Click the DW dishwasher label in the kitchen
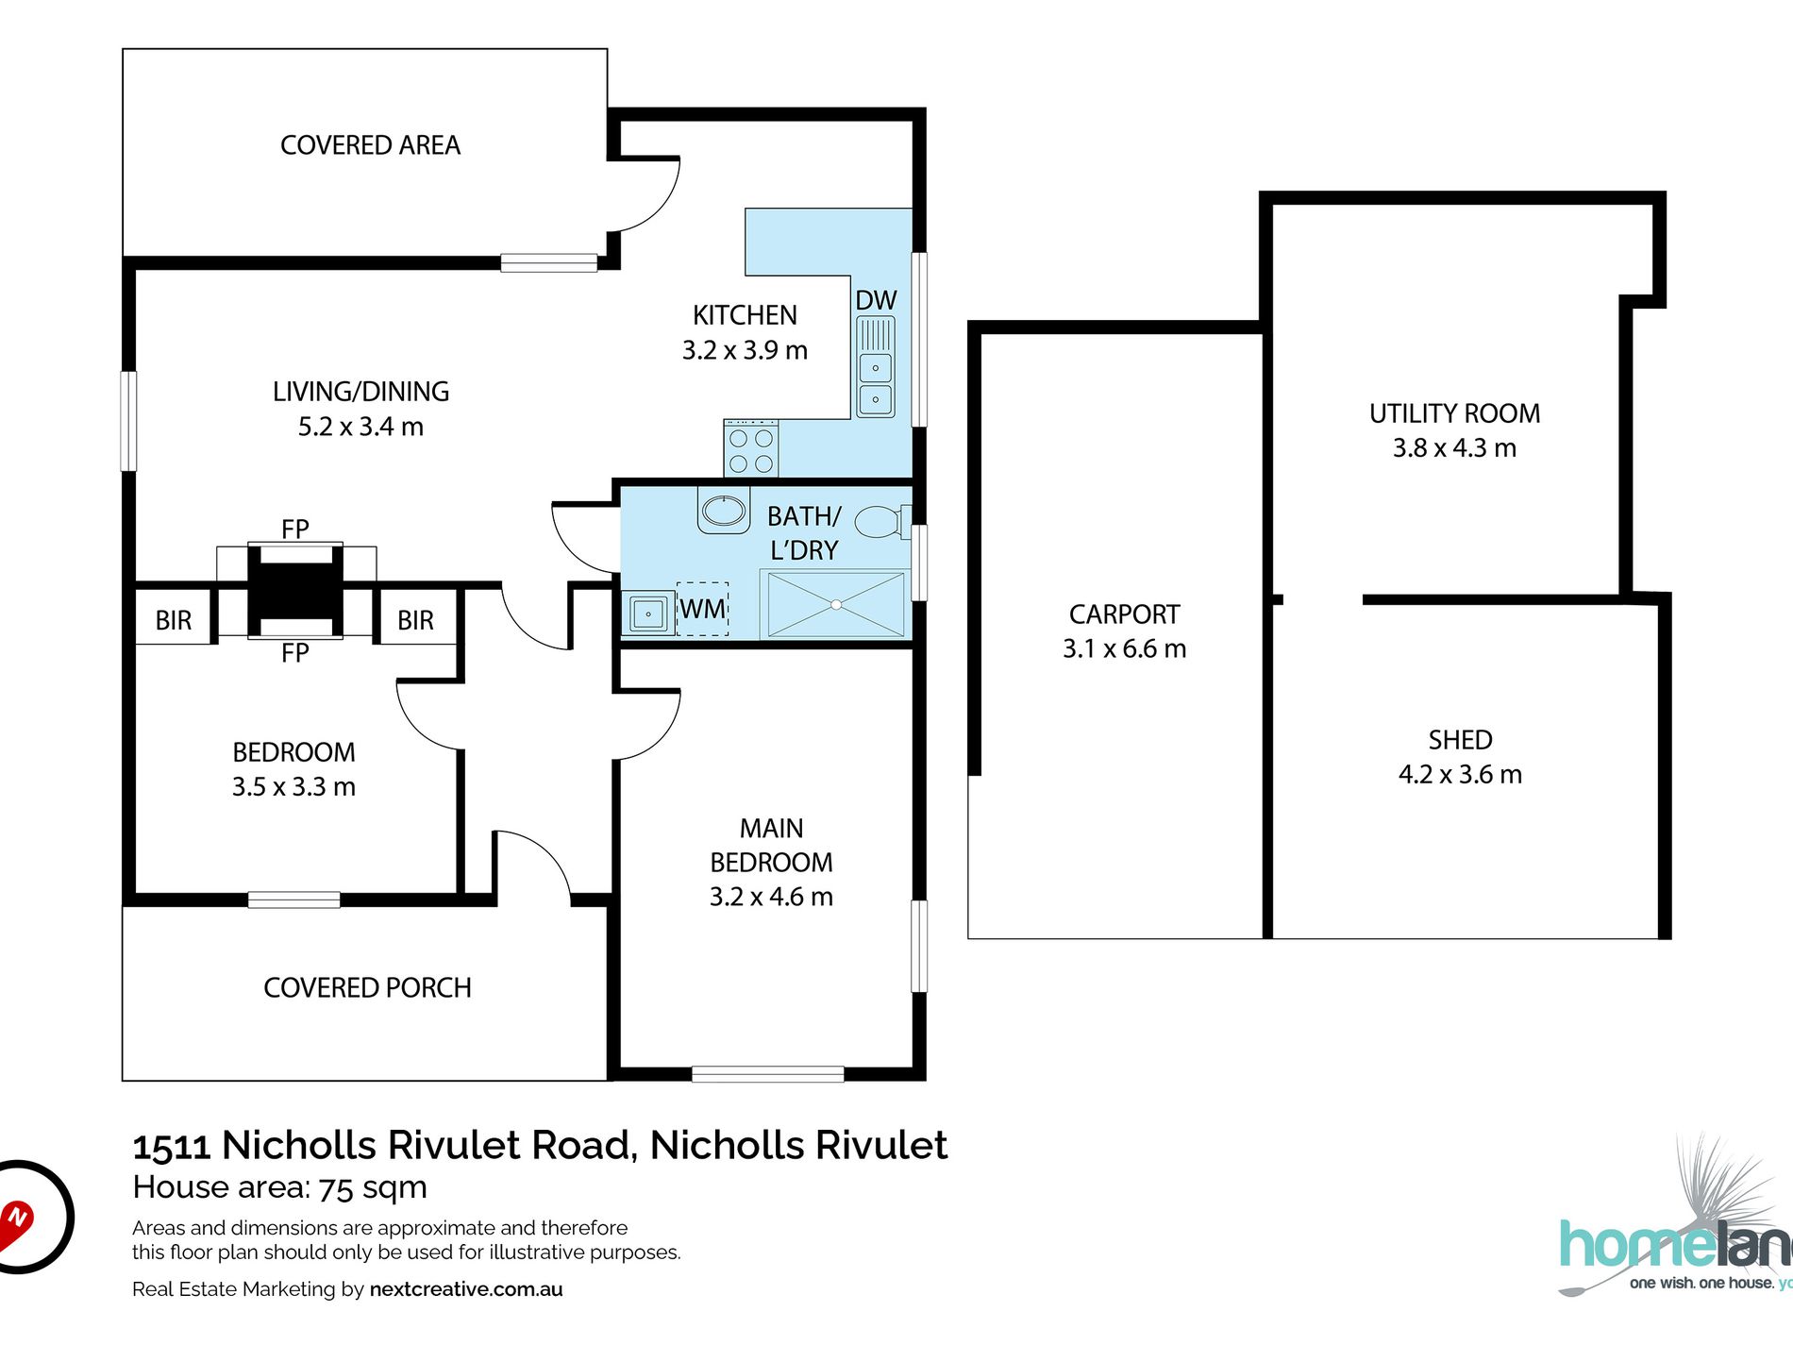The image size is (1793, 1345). (x=876, y=300)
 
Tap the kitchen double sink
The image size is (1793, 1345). (x=876, y=383)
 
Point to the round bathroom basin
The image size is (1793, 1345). (x=724, y=511)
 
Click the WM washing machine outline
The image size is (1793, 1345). (x=703, y=609)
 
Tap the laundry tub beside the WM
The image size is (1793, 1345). (x=648, y=614)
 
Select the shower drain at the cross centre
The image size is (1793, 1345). (x=836, y=604)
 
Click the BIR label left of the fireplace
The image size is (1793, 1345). (x=174, y=620)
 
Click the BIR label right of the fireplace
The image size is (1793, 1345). (x=415, y=620)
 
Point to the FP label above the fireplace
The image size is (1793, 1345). (x=294, y=529)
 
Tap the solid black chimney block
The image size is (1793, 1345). (x=295, y=591)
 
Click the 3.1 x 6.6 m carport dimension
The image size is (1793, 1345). (x=1124, y=648)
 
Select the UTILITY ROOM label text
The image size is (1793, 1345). (x=1454, y=413)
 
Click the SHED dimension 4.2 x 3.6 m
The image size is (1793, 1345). (x=1460, y=774)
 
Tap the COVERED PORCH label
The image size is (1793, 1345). (x=367, y=987)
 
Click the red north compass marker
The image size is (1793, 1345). (x=17, y=1219)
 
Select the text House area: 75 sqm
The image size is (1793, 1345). (x=280, y=1186)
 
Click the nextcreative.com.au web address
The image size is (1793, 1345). (x=466, y=1289)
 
